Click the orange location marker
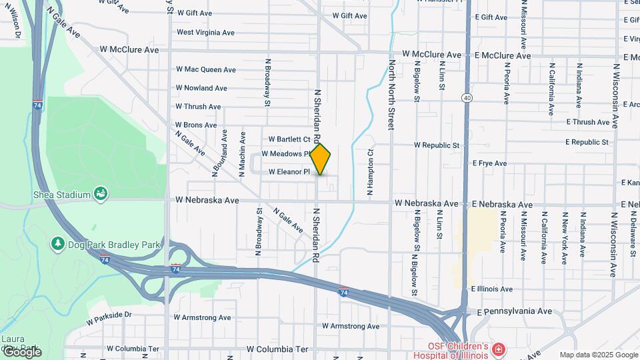click(x=321, y=159)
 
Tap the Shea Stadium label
click(x=61, y=195)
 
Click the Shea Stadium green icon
click(x=101, y=194)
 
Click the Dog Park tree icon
click(x=58, y=244)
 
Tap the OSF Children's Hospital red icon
click(x=497, y=349)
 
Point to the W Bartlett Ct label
click(x=289, y=140)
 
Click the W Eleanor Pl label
click(x=290, y=172)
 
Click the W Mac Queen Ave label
click(x=206, y=69)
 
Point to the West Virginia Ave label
click(x=206, y=32)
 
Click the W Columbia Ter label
click(x=278, y=349)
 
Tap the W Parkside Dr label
click(x=109, y=314)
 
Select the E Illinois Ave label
click(x=491, y=289)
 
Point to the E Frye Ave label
click(x=490, y=163)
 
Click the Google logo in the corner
click(x=21, y=352)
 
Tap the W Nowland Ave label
click(x=202, y=88)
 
